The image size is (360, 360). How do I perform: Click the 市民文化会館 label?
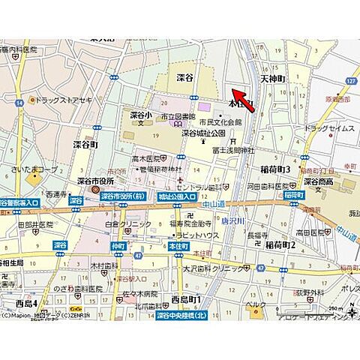click(x=220, y=121)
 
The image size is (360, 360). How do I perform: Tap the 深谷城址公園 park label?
click(x=203, y=133)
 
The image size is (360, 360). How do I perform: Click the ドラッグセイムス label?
click(x=329, y=128)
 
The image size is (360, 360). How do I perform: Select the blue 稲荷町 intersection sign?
click(x=294, y=195)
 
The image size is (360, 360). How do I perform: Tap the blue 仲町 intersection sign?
click(x=118, y=245)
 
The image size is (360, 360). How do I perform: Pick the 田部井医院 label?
click(x=34, y=224)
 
